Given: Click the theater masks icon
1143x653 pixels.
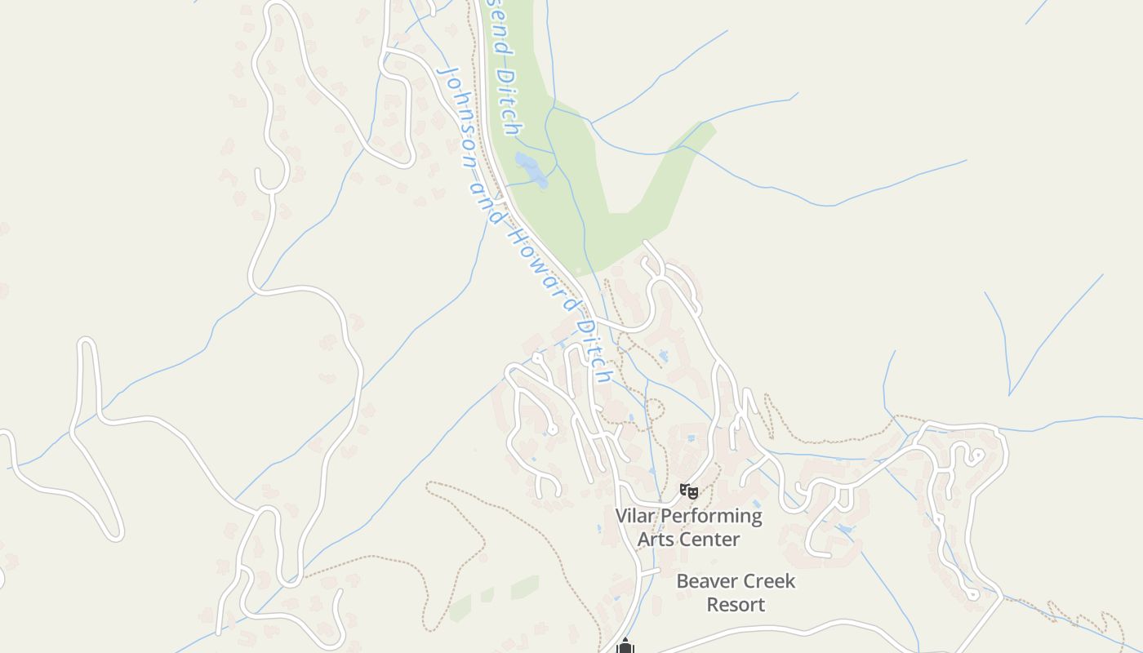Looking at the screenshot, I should [689, 491].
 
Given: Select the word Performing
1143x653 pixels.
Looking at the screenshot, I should [711, 517].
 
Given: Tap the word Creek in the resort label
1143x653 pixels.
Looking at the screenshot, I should [768, 582].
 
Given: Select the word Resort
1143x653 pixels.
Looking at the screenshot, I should [736, 605].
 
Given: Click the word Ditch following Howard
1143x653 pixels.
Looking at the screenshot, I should [594, 348].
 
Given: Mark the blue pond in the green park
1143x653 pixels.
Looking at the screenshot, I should [531, 170].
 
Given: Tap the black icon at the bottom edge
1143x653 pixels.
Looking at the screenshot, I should [625, 646].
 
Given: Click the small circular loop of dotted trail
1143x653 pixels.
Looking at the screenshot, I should [655, 409].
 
